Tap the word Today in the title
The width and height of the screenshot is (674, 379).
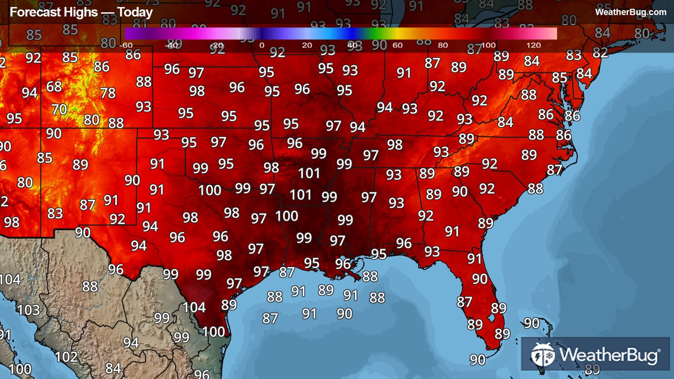coord(135,12)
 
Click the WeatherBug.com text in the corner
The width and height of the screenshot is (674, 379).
coord(630,12)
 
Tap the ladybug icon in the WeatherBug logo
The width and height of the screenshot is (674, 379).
coord(542,355)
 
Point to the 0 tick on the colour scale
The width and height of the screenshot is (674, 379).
coord(262,45)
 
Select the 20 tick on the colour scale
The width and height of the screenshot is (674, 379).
coord(307,45)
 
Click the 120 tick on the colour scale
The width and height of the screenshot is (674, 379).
coord(533,45)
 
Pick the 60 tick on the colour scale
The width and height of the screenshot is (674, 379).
coord(397,45)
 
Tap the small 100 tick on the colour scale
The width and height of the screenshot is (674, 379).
coord(488,45)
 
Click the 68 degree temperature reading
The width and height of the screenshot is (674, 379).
coord(54,86)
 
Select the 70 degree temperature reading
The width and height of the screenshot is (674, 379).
coord(59,109)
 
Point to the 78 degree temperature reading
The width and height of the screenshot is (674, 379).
coord(108,93)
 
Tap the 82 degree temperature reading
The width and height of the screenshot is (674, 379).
coord(600,53)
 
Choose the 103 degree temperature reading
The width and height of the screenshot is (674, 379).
coord(28,310)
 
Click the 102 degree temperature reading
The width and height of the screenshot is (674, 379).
coord(66,357)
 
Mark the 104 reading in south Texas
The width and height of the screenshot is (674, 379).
coord(194,308)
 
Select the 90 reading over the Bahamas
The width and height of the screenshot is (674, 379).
coord(532,323)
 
